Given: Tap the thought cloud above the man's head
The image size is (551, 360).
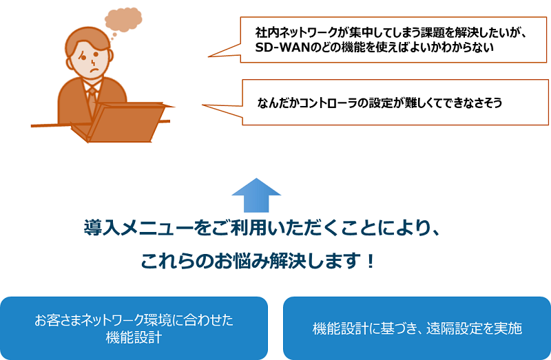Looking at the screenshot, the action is click(123, 20).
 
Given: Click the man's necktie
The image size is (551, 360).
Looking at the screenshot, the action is click(92, 100).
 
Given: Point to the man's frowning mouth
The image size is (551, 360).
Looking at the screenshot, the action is click(92, 70).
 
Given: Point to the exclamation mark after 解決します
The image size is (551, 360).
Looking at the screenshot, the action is click(370, 262).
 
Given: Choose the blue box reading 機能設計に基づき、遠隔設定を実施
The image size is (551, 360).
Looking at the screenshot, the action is click(417, 328).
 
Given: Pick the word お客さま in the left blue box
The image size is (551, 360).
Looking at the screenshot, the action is click(58, 320).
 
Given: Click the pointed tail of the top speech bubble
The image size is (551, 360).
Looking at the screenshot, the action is click(209, 56).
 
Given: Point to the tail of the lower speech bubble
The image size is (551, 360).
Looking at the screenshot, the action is click(202, 105).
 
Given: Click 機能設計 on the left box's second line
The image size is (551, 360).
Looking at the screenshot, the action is click(134, 337).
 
